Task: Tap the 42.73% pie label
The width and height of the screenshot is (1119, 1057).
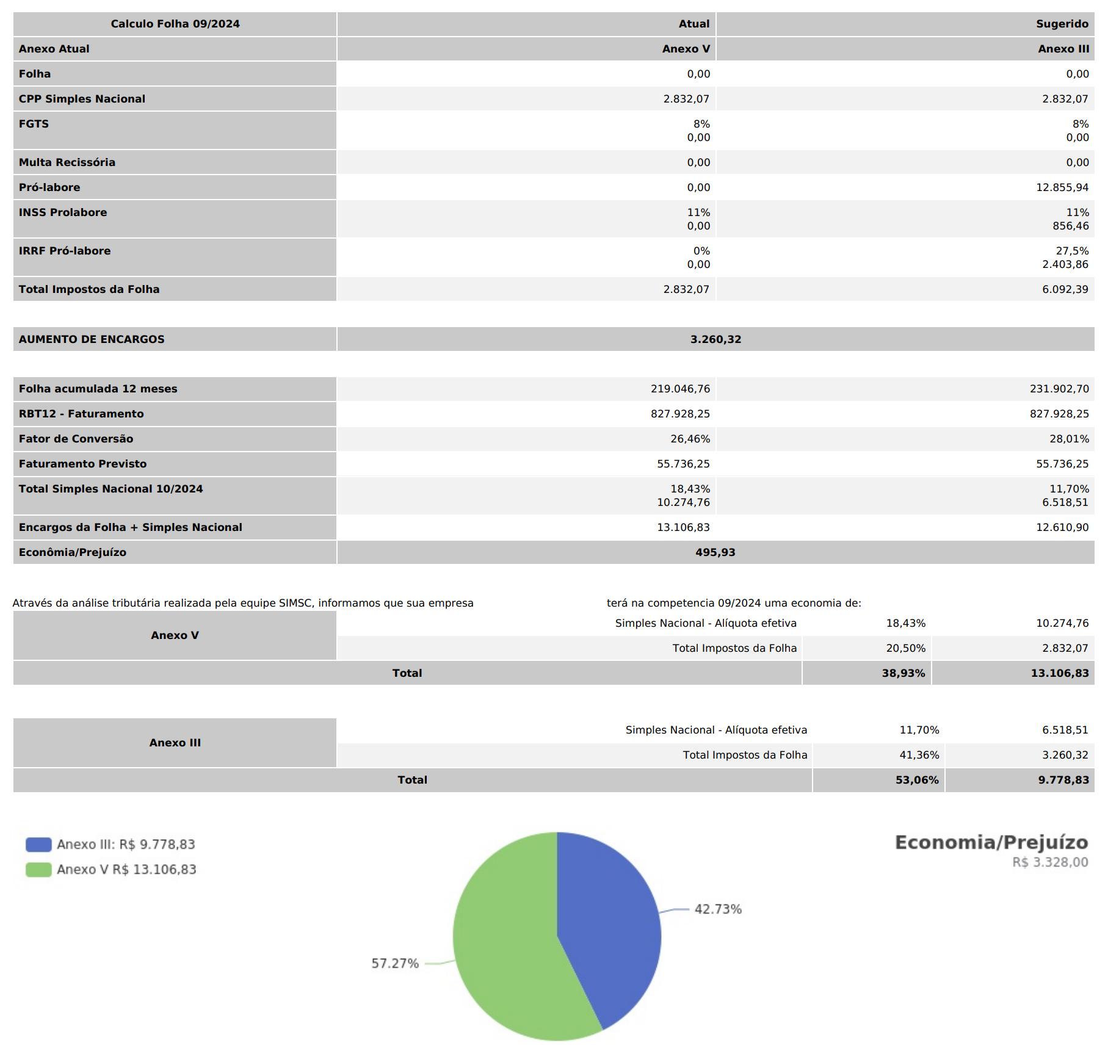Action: [718, 909]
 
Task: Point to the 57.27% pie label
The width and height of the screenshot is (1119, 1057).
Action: [395, 964]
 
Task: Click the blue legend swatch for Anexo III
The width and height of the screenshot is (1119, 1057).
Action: [38, 845]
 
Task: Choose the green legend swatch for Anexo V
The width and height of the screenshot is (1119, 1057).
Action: [38, 870]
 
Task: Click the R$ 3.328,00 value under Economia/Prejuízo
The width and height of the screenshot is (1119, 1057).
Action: [1050, 862]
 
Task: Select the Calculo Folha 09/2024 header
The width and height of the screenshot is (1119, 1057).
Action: [175, 24]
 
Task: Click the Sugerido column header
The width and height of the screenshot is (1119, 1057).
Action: [1062, 24]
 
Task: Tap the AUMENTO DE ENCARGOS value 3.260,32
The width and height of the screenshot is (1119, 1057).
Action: [715, 339]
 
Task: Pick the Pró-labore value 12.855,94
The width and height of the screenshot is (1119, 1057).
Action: [1062, 187]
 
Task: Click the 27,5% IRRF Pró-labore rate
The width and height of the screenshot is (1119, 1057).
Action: [1072, 251]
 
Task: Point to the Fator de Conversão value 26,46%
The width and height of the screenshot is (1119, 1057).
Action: [690, 439]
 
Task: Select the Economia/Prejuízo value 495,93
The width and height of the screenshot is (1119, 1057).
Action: [715, 552]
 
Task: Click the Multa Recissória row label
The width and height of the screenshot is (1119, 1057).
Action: [67, 162]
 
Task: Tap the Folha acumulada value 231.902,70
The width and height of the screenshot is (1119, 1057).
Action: [1059, 389]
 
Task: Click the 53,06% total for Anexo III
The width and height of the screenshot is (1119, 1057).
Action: [917, 780]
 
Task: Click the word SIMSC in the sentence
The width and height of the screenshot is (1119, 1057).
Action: [295, 603]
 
